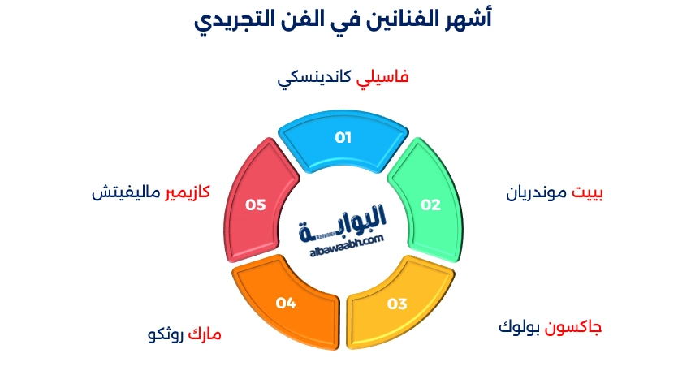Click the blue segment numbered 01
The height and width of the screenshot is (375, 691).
click(x=343, y=138)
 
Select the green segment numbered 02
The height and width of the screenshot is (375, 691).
click(x=430, y=205)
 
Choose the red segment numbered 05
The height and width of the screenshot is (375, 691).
click(x=256, y=205)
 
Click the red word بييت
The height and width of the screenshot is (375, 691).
click(x=589, y=194)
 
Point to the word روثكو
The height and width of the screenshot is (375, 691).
click(x=164, y=334)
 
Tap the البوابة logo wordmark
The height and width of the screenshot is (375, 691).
click(x=345, y=223)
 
